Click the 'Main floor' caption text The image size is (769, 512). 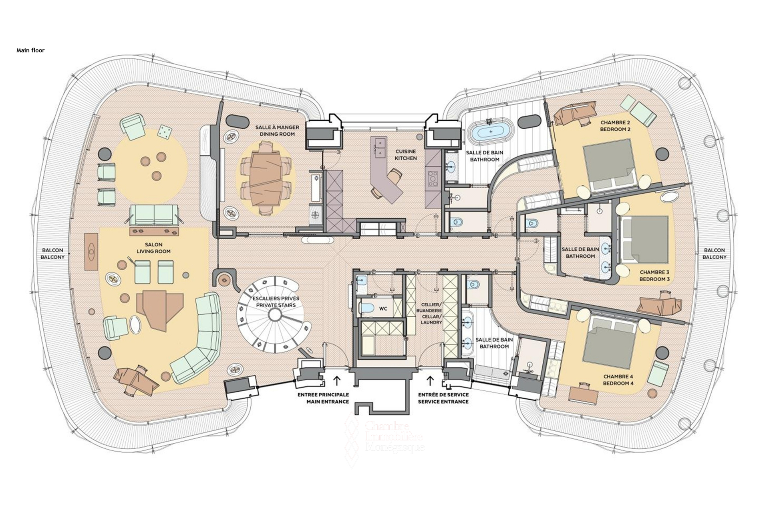[x=30, y=50]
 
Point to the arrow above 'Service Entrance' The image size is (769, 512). [x=431, y=380]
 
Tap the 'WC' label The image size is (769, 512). [x=383, y=309]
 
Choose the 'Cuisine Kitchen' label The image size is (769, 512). [x=406, y=155]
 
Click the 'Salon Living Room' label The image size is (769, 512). [x=154, y=248]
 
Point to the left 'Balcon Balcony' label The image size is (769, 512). [x=52, y=254]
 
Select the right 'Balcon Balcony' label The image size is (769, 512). [x=715, y=254]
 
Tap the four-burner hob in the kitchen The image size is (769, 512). [x=433, y=179]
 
